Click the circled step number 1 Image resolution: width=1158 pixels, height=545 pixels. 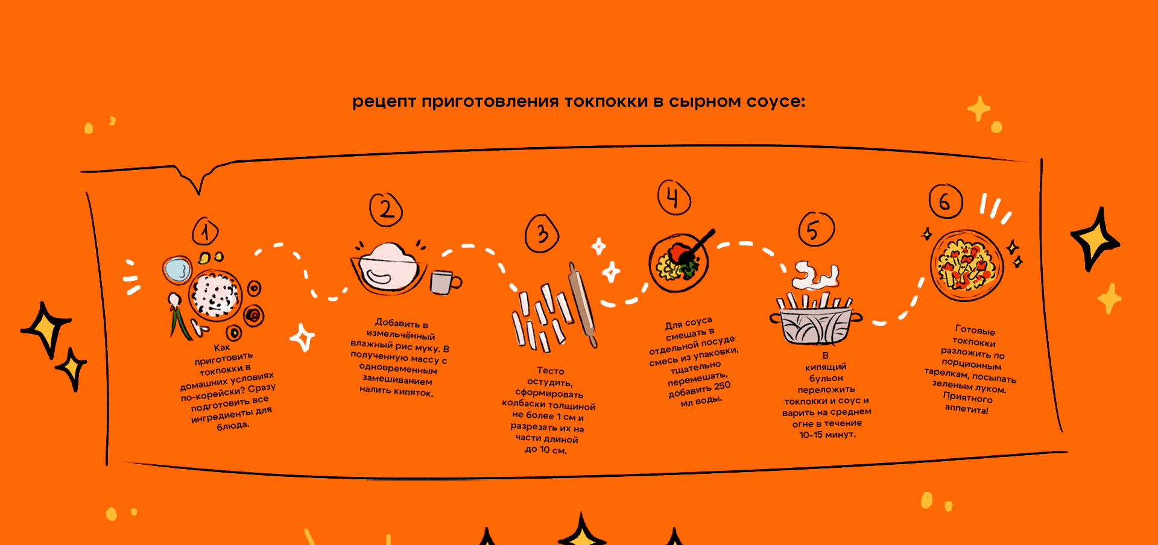click(206, 232)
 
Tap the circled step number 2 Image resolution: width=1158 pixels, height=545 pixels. click(386, 210)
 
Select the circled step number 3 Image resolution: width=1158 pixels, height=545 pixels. click(542, 234)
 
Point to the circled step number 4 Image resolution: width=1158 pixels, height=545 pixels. click(673, 198)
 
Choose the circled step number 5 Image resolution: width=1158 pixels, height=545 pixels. click(815, 230)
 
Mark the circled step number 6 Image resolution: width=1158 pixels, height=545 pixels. click(945, 201)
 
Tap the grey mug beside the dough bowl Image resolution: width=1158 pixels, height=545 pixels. click(444, 282)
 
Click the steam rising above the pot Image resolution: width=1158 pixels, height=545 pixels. click(815, 276)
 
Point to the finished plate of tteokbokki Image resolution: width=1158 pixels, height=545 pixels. click(966, 265)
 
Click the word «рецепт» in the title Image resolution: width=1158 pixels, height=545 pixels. click(384, 102)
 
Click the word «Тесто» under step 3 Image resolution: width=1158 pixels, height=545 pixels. click(551, 371)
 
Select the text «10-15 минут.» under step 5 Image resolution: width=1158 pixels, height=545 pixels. click(827, 435)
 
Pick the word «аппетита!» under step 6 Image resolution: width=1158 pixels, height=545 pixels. click(966, 409)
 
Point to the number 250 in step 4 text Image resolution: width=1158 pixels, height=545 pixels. click(722, 386)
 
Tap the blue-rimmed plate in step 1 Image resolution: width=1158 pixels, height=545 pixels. click(177, 269)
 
